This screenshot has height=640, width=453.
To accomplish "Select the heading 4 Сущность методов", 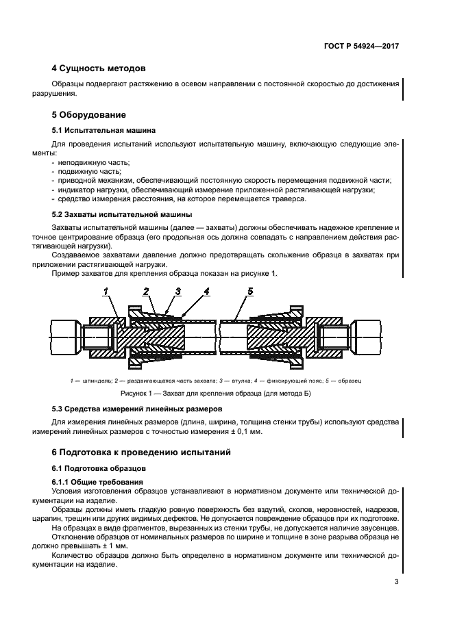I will [x=99, y=68].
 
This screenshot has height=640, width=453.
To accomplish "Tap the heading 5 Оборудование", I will [x=89, y=114].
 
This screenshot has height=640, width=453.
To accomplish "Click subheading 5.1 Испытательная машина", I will [x=103, y=130].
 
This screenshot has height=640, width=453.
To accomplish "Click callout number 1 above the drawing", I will [x=106, y=292].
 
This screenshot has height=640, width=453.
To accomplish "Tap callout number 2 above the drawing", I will [x=146, y=292].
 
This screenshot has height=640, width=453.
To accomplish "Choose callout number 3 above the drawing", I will [x=177, y=292].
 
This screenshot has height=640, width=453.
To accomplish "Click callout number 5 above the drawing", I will [x=250, y=292].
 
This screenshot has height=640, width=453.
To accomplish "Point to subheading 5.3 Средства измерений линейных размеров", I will [x=143, y=409].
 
